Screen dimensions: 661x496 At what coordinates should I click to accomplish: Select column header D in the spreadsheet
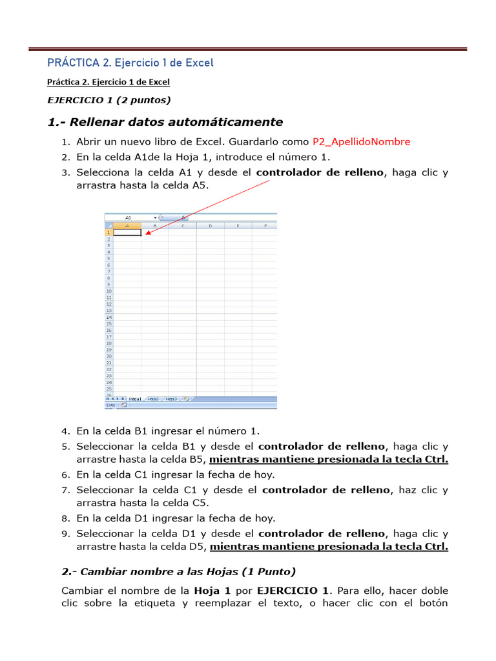tap(211, 226)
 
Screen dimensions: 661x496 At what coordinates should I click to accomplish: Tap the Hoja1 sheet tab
tap(135, 399)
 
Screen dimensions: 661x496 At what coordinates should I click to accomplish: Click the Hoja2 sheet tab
tap(153, 399)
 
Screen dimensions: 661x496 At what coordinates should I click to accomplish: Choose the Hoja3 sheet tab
tap(171, 399)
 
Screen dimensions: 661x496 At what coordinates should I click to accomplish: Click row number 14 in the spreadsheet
tap(108, 317)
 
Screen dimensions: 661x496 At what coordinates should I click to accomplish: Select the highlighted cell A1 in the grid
tap(127, 232)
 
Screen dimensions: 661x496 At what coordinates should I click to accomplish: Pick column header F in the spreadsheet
tap(265, 226)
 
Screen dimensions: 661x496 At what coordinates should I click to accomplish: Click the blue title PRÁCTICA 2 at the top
tap(130, 63)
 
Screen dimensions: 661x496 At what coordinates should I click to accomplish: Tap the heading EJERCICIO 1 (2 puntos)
tap(109, 99)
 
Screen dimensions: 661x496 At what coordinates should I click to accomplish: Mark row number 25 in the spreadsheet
tap(108, 389)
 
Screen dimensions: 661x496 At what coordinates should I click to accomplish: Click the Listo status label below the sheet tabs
tap(110, 405)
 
